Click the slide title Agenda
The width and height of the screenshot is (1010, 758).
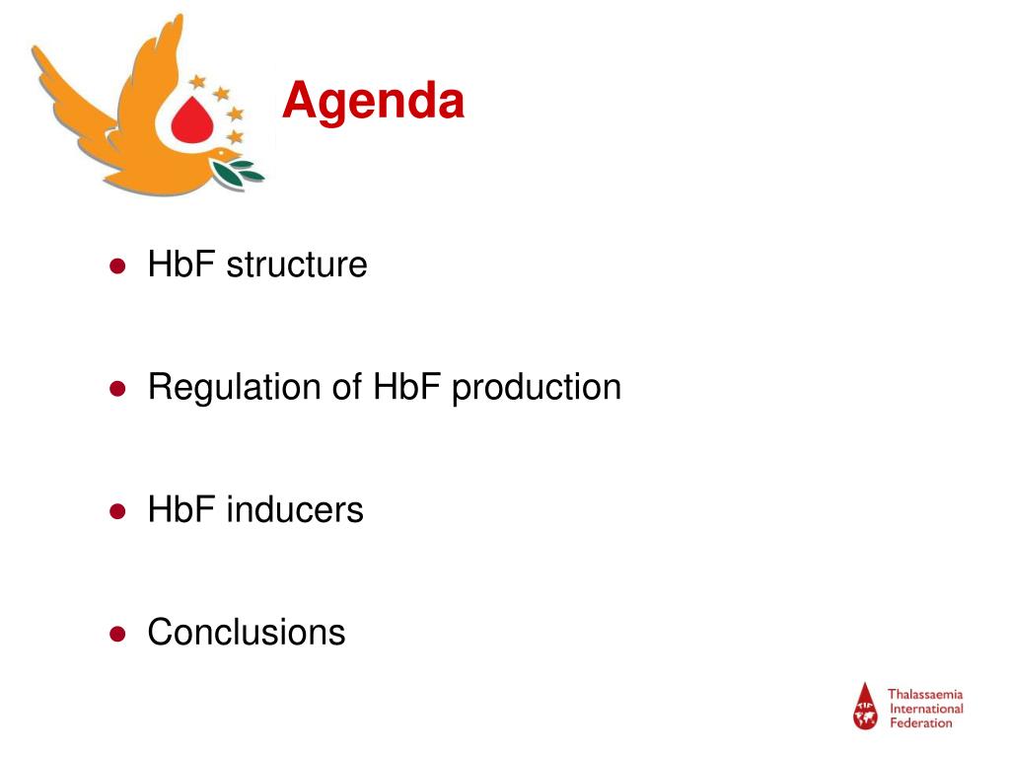point(373,102)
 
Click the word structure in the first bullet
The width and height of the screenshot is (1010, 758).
point(296,265)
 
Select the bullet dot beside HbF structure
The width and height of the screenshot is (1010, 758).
point(116,265)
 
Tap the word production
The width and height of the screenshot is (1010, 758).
point(537,388)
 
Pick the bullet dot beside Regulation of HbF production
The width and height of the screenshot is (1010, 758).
point(116,389)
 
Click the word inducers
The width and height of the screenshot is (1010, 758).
point(295,510)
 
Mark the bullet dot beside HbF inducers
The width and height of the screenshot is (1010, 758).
point(116,511)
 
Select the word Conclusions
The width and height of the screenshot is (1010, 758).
point(247,632)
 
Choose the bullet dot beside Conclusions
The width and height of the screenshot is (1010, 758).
point(116,634)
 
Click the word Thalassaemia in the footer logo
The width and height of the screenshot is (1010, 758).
point(925,695)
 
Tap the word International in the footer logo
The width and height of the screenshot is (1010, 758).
point(926,709)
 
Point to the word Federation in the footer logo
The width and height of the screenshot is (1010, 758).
point(921,722)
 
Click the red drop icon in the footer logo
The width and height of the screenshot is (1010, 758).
point(865,707)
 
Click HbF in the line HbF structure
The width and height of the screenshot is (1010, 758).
point(181,265)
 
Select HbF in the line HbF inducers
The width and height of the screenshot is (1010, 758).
point(181,510)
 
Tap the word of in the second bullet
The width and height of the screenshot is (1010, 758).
point(346,387)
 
